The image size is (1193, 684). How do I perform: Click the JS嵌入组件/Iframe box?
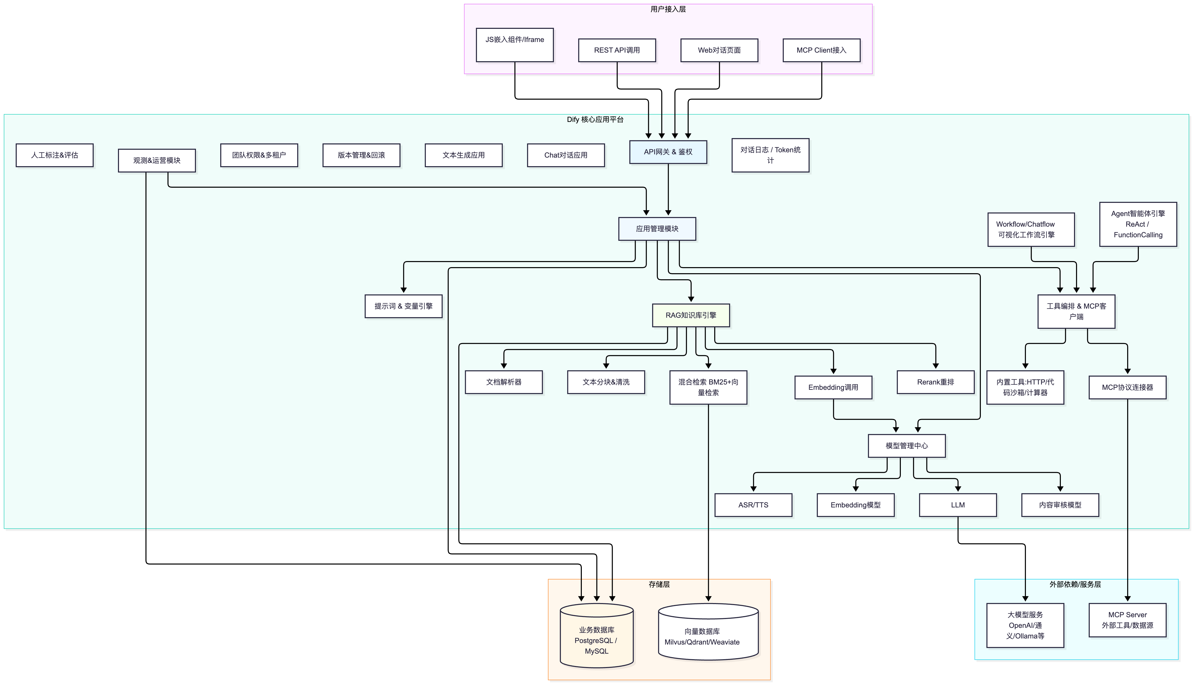tap(515, 45)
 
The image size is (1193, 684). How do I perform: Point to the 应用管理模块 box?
tap(657, 229)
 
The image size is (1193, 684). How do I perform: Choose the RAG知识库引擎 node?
tap(691, 315)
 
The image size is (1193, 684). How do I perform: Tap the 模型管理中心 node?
tap(907, 446)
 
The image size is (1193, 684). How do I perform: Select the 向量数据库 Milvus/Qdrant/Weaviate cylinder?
tap(708, 632)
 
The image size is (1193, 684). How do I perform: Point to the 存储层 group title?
tap(659, 584)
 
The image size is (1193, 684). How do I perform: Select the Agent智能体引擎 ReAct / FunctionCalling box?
tap(1138, 224)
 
